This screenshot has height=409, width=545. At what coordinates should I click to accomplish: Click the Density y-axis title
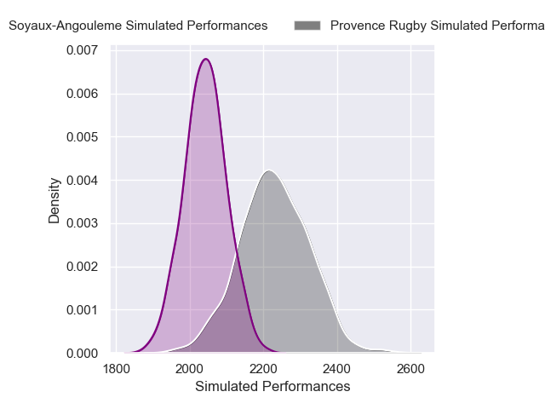pyautogui.click(x=54, y=200)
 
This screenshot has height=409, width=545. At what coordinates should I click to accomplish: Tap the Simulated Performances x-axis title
pyautogui.click(x=272, y=387)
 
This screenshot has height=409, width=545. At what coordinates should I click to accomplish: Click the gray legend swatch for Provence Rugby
pyautogui.click(x=307, y=26)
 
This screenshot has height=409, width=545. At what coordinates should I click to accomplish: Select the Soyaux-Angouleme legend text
pyautogui.click(x=138, y=26)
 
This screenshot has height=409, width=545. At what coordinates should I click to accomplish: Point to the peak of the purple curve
pyautogui.click(x=205, y=59)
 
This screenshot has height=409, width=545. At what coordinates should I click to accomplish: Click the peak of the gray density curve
pyautogui.click(x=268, y=171)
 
